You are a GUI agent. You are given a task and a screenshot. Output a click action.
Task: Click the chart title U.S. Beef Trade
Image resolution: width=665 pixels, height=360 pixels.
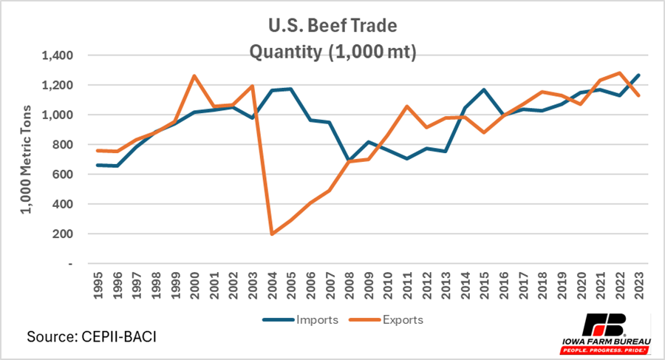(332, 27)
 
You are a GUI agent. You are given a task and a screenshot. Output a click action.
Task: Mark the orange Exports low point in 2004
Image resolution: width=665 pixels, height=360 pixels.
(273, 234)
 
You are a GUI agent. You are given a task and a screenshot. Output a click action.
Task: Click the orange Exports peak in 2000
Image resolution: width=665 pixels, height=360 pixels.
(195, 75)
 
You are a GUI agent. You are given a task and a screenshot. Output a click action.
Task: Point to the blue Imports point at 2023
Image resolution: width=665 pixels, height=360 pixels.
(637, 75)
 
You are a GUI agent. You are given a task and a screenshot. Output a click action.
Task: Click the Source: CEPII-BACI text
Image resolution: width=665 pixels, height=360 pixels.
(92, 336)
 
